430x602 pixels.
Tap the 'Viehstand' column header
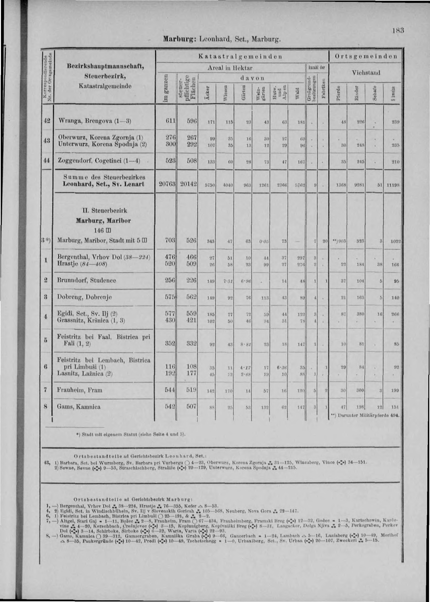click(366, 73)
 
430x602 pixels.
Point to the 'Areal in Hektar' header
click(230, 68)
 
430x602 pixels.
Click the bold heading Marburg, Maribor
click(103, 220)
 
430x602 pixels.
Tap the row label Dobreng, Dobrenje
click(84, 297)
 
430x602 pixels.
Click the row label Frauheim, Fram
click(80, 390)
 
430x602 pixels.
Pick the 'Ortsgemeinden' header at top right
click(366, 56)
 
